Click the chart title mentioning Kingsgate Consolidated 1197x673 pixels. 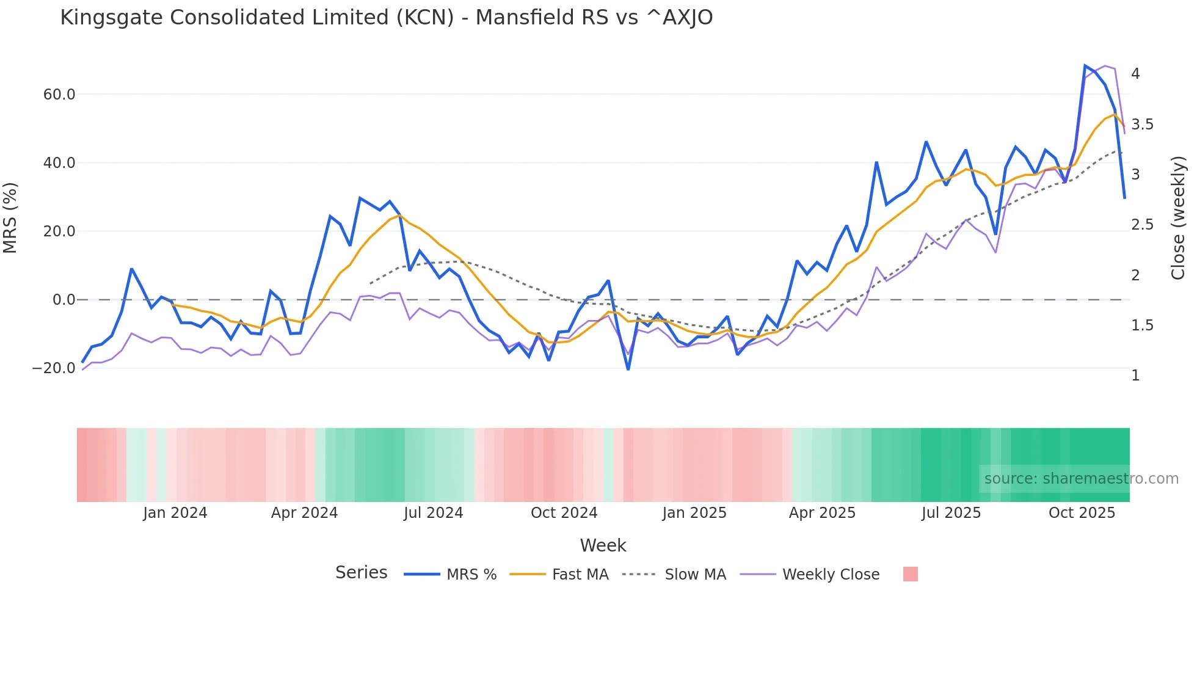tap(386, 18)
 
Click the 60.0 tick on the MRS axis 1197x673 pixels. tap(59, 95)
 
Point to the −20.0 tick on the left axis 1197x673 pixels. tap(54, 368)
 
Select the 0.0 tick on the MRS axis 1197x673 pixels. tap(64, 300)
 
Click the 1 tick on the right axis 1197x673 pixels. tap(1135, 376)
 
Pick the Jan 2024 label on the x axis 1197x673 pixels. tap(175, 513)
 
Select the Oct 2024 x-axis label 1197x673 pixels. tap(564, 513)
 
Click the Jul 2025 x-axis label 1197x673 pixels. tap(951, 513)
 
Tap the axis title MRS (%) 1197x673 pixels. tap(10, 218)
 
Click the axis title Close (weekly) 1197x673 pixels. tap(1178, 218)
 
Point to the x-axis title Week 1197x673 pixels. tap(603, 545)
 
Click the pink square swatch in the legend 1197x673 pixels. tap(910, 575)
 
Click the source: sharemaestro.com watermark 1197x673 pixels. tap(1081, 479)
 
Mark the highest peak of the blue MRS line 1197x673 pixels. tap(1085, 65)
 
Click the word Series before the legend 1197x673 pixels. tap(361, 573)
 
